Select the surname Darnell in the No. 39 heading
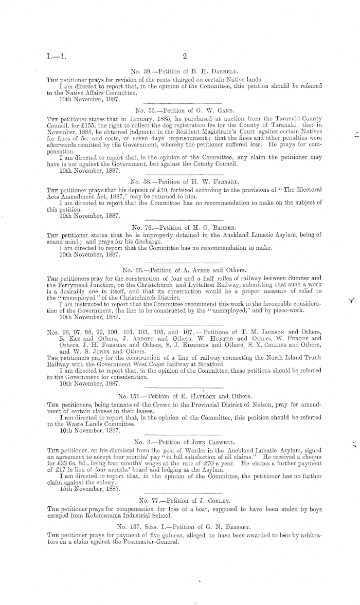click(213, 72)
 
